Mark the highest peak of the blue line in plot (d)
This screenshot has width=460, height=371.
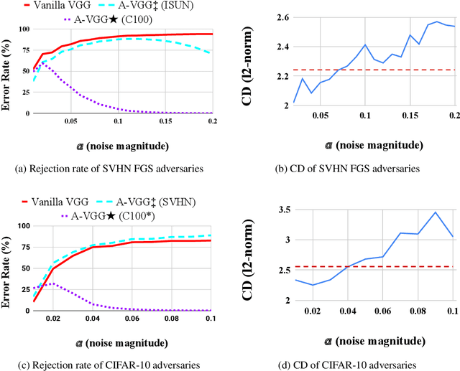click(x=435, y=212)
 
